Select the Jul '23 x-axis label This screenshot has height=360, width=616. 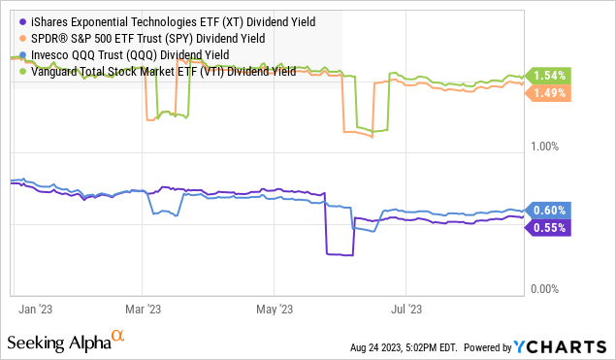[x=405, y=310]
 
